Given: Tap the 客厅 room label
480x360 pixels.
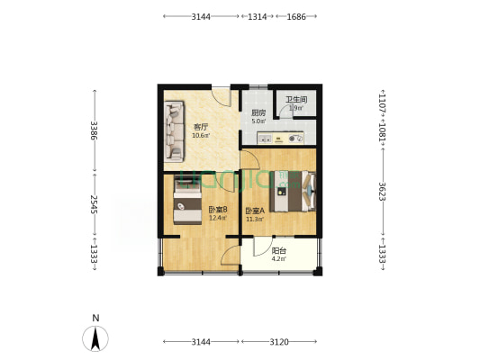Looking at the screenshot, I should [x=200, y=128].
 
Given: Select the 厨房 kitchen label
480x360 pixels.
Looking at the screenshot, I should [x=258, y=112].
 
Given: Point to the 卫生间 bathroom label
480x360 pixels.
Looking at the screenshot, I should [x=297, y=100].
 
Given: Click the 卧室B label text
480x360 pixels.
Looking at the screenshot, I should [x=217, y=210].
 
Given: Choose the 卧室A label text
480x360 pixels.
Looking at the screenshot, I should [x=254, y=211].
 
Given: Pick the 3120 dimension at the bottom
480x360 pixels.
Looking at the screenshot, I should [x=279, y=342].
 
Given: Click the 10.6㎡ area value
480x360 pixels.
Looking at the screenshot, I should [x=200, y=137].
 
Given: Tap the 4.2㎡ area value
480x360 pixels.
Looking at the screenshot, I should [x=279, y=259].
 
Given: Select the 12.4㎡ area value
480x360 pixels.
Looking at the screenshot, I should [x=217, y=218].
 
